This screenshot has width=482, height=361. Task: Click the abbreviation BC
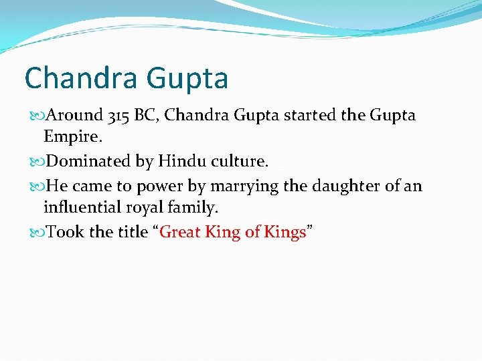coord(147,116)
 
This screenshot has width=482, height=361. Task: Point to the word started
coord(311,116)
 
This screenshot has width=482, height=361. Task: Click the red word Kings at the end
coord(285,232)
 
